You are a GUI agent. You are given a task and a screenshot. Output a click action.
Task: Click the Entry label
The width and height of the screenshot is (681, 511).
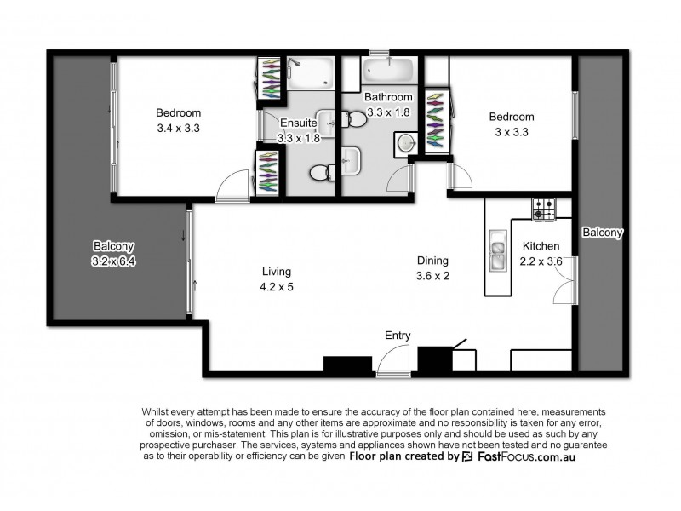[398, 336]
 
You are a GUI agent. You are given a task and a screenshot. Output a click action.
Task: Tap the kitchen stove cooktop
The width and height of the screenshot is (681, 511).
[543, 210]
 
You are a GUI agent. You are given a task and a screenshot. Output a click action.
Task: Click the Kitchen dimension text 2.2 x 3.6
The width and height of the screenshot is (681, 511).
[541, 262]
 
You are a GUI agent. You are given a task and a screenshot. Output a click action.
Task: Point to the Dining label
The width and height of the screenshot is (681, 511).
[432, 261]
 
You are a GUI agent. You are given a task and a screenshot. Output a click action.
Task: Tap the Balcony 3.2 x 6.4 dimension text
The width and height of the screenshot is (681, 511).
[114, 261]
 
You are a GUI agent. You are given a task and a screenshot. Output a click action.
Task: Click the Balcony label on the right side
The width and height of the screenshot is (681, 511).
[603, 232]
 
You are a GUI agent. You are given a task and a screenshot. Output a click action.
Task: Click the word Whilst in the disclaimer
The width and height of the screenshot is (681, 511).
[157, 411]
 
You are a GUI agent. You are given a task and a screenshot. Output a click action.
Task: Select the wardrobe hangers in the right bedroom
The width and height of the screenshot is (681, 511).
[436, 118]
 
